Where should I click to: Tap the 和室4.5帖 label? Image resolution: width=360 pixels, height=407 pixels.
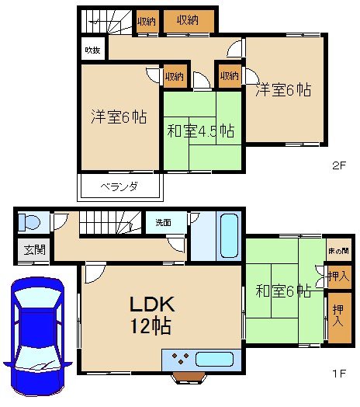click(x=201, y=130)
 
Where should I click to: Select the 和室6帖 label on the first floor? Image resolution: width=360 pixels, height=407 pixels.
click(x=284, y=292)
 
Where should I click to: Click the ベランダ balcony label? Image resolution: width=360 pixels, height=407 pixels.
click(x=119, y=186)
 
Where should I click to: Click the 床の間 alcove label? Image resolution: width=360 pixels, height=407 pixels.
click(x=337, y=252)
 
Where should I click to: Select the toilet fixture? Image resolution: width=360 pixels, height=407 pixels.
click(x=28, y=223)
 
